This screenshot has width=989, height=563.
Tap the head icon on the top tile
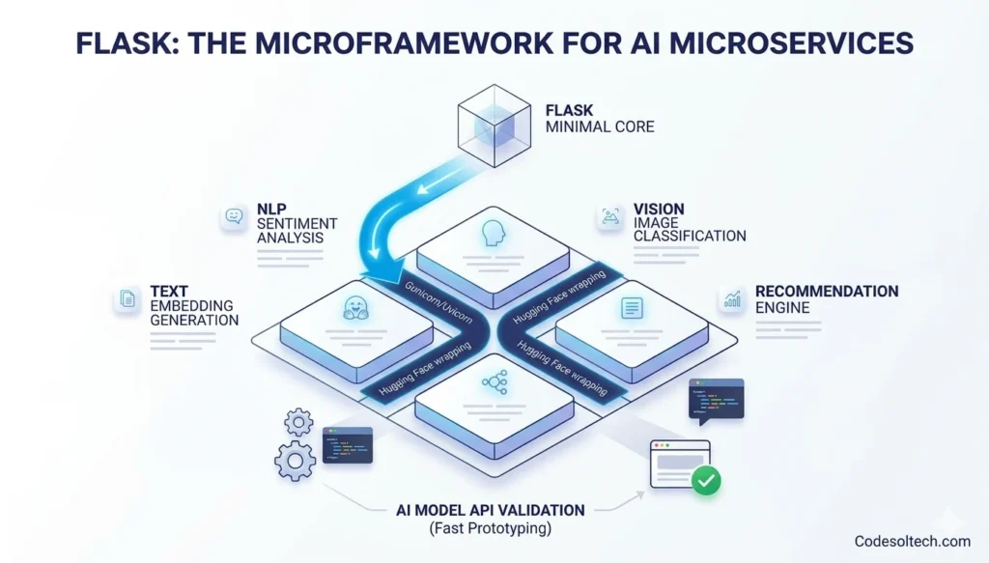coord(494,232)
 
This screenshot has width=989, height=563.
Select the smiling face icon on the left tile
coord(353,308)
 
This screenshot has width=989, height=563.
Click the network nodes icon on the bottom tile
coord(494,382)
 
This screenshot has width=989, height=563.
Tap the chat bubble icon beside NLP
coord(234,216)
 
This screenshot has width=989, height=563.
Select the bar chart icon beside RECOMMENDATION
coord(732,299)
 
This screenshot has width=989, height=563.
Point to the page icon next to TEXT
coord(127,299)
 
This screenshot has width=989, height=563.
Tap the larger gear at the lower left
coord(295,461)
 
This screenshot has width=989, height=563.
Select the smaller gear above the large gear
coord(299,421)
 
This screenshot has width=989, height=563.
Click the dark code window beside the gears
coord(347,445)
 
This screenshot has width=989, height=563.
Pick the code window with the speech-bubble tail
coord(716,399)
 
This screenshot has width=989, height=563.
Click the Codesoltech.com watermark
coord(911,542)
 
